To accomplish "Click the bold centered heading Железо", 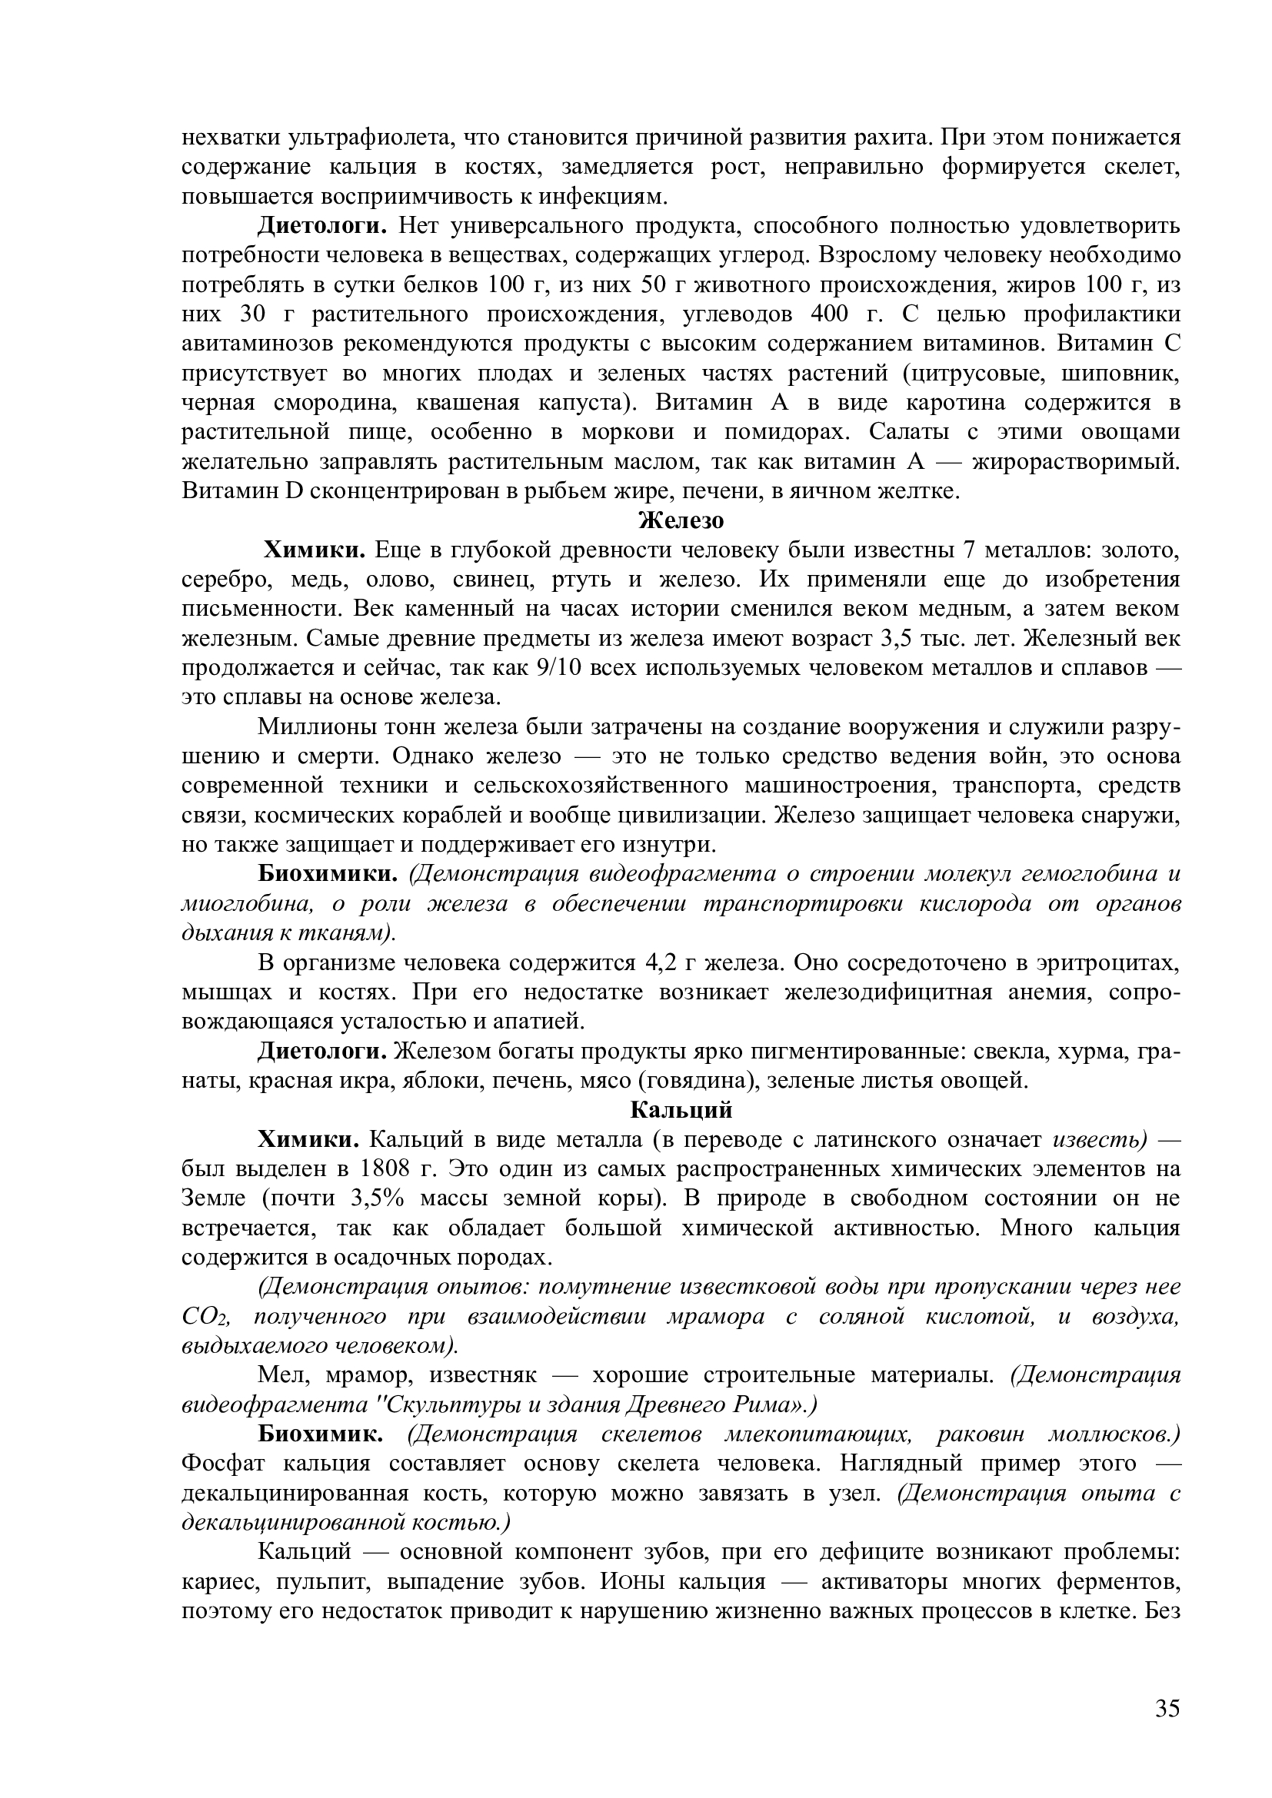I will (x=681, y=520).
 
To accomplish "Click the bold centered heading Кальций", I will (x=681, y=1111).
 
